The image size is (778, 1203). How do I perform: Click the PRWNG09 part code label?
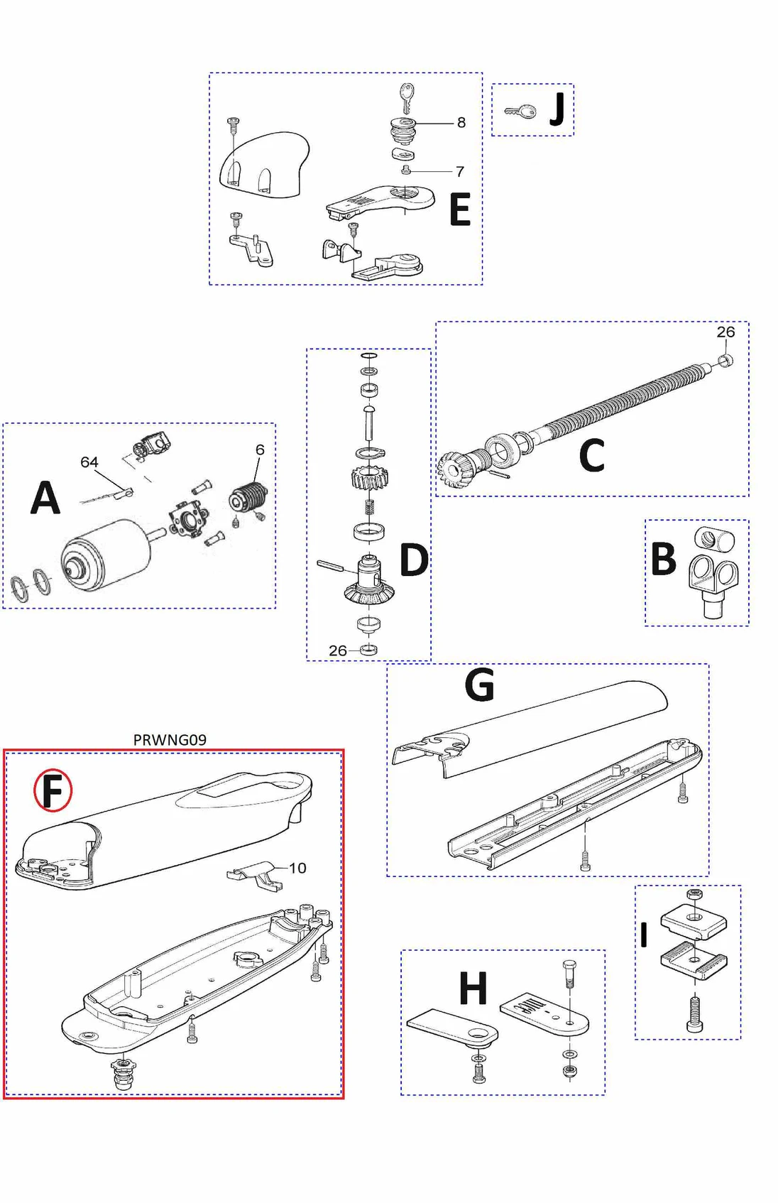tap(170, 740)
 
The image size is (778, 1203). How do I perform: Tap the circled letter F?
tap(53, 790)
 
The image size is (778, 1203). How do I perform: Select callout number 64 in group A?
tap(89, 462)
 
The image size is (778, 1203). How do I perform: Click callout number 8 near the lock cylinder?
tap(461, 123)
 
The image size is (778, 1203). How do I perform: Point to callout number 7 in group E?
tap(460, 172)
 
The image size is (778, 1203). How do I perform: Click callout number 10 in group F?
tap(297, 868)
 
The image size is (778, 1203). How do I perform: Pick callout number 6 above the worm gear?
tap(260, 450)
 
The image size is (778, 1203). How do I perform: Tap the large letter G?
tap(479, 685)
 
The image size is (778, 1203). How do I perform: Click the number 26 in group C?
tap(725, 332)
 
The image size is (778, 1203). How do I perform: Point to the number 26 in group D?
tap(338, 651)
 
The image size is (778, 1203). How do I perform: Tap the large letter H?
tap(473, 989)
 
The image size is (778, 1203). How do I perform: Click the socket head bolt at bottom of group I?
tap(694, 1014)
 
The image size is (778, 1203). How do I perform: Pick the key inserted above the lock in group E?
tap(406, 97)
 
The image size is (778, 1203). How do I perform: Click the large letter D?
tap(414, 560)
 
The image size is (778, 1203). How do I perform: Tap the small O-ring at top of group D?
tap(369, 356)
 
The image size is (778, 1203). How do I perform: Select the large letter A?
tap(45, 498)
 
